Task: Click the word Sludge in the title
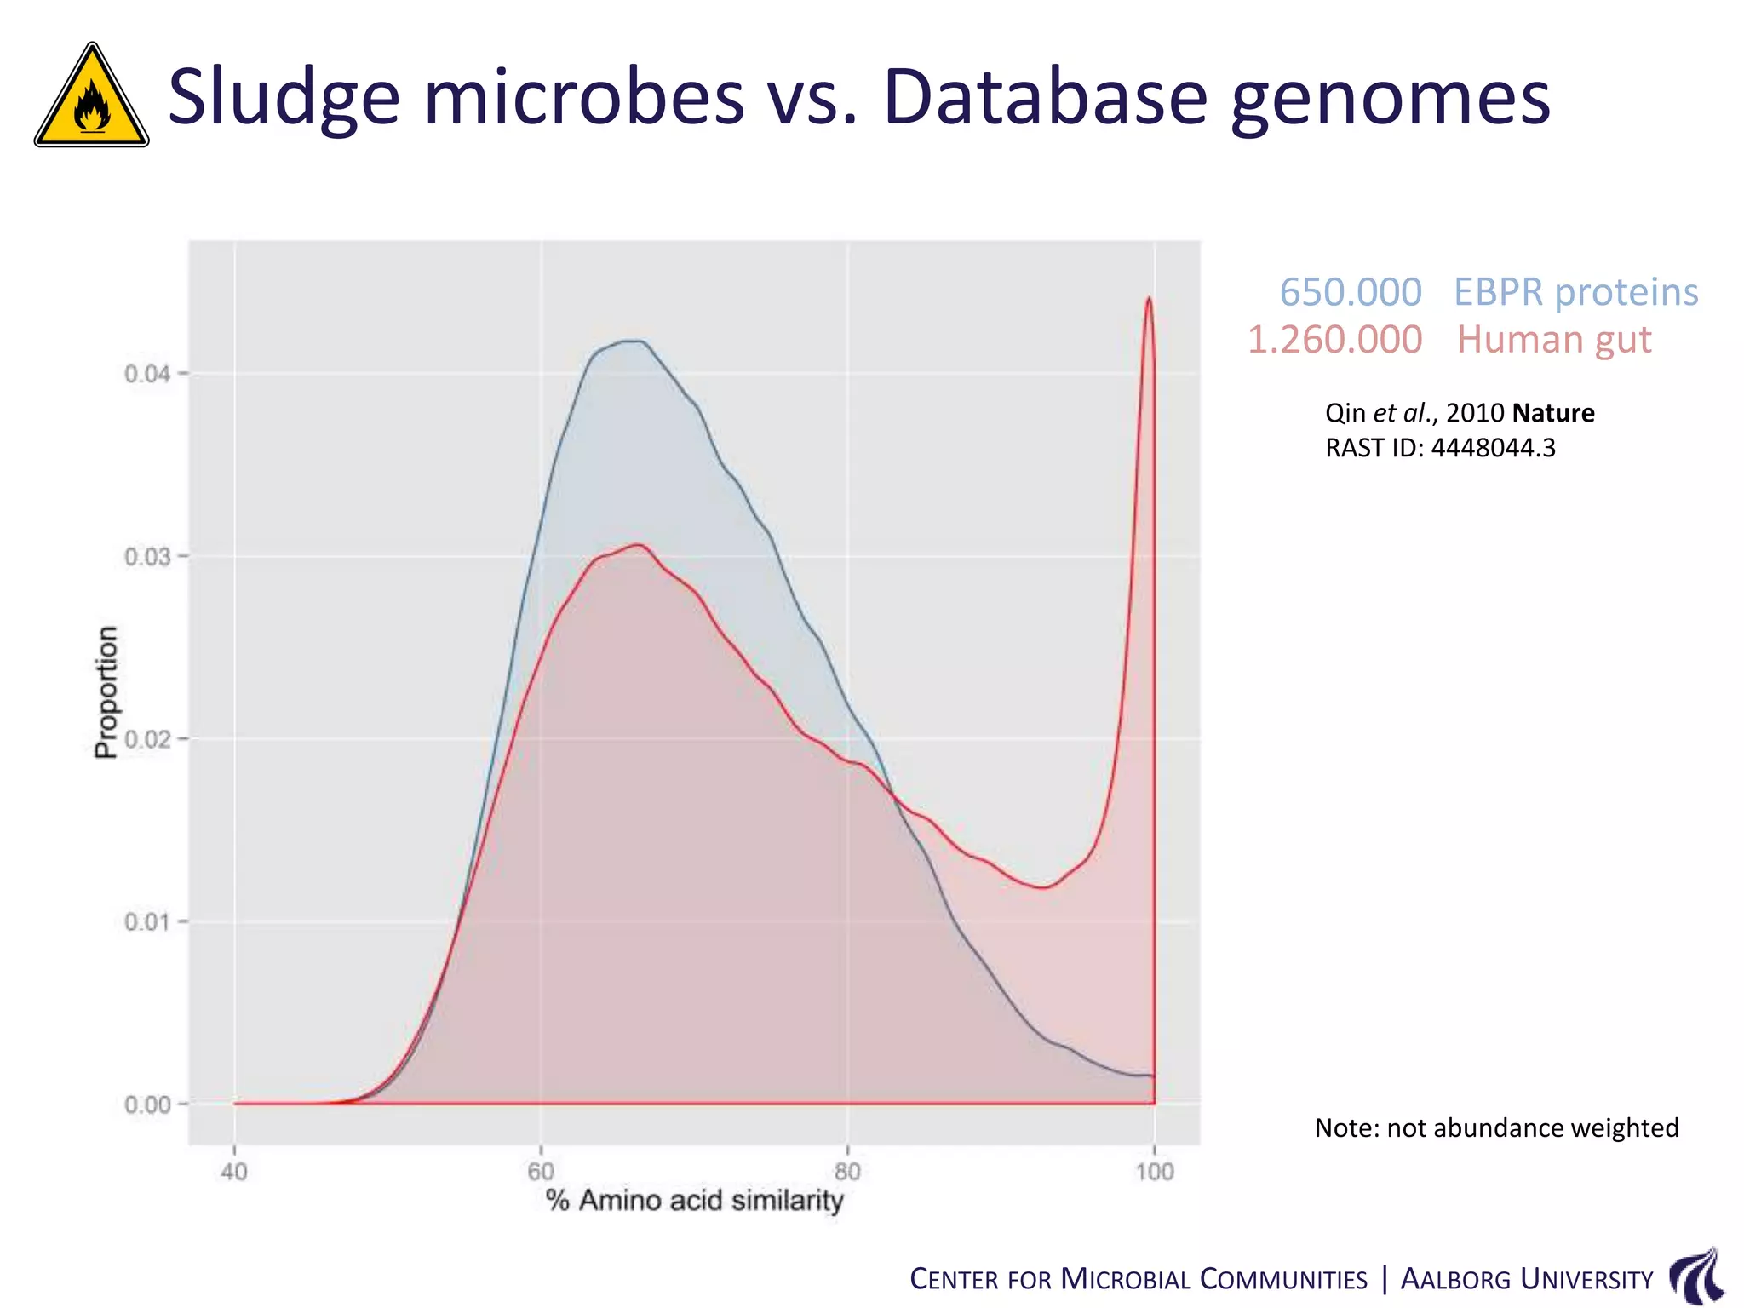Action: (284, 98)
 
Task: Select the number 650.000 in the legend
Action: (1351, 292)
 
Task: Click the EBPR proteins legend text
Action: (1575, 292)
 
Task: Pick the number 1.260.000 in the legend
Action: (1334, 340)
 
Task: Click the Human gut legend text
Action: (1554, 340)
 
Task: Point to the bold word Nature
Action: (1553, 413)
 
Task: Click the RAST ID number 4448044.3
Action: (1493, 448)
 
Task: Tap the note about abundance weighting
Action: (1496, 1127)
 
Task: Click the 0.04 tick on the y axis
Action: (146, 374)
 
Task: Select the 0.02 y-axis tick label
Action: (146, 739)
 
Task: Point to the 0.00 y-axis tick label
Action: (146, 1104)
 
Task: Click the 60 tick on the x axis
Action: (541, 1172)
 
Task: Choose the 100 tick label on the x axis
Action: (1154, 1172)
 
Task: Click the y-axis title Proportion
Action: (106, 692)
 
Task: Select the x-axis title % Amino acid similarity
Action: (694, 1201)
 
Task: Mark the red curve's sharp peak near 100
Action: (1149, 300)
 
